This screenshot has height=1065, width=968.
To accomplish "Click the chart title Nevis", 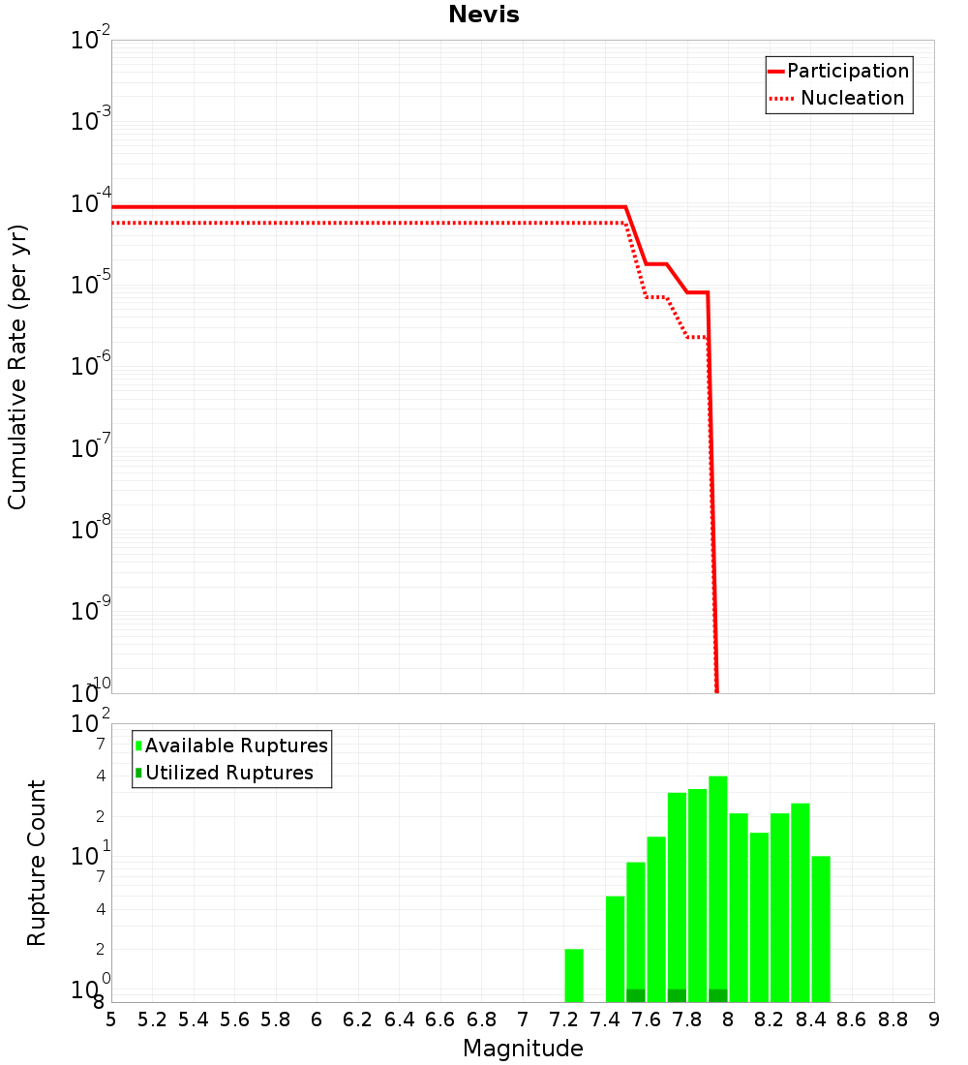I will click(483, 15).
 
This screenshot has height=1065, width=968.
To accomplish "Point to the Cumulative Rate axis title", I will click(17, 367).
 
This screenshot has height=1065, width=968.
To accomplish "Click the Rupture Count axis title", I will click(37, 863).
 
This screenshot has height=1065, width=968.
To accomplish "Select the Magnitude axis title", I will click(523, 1049).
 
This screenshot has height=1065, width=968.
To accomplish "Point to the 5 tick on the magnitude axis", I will click(111, 1019).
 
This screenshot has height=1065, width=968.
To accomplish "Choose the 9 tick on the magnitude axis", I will click(934, 1019).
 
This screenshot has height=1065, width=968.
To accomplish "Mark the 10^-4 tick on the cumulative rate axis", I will click(90, 204).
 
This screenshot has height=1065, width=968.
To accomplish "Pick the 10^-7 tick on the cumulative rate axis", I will click(90, 448).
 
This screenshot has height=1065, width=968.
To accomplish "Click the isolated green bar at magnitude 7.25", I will click(574, 975).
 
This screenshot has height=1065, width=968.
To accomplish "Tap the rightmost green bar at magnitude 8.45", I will click(821, 928).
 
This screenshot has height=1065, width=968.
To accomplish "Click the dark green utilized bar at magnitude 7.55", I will click(636, 995).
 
